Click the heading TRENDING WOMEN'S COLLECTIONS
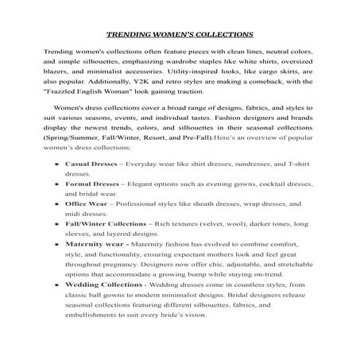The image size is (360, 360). pos(180,35)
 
